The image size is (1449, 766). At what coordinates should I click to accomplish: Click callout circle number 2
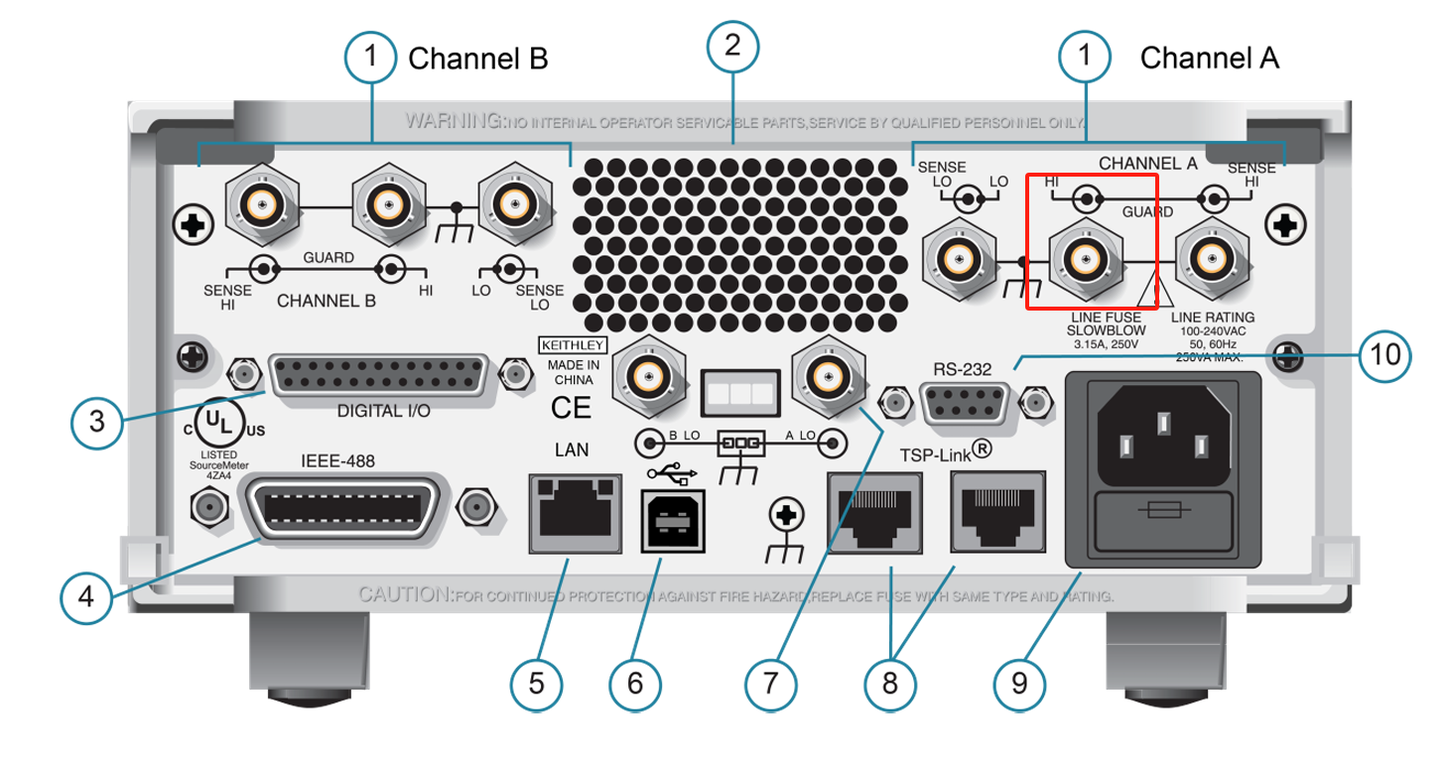pos(732,47)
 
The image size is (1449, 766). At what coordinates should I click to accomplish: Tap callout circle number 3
pos(96,421)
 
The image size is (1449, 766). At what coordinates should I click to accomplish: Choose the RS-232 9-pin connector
pos(965,403)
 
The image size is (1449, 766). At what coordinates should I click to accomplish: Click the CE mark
pos(571,408)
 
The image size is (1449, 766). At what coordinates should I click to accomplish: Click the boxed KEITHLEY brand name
pos(572,345)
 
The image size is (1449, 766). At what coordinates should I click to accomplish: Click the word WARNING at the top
pos(453,122)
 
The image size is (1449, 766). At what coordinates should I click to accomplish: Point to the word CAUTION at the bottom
pos(405,595)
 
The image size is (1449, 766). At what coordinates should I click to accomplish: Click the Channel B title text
pos(477,59)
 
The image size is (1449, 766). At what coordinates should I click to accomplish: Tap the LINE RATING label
pos(1213,318)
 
